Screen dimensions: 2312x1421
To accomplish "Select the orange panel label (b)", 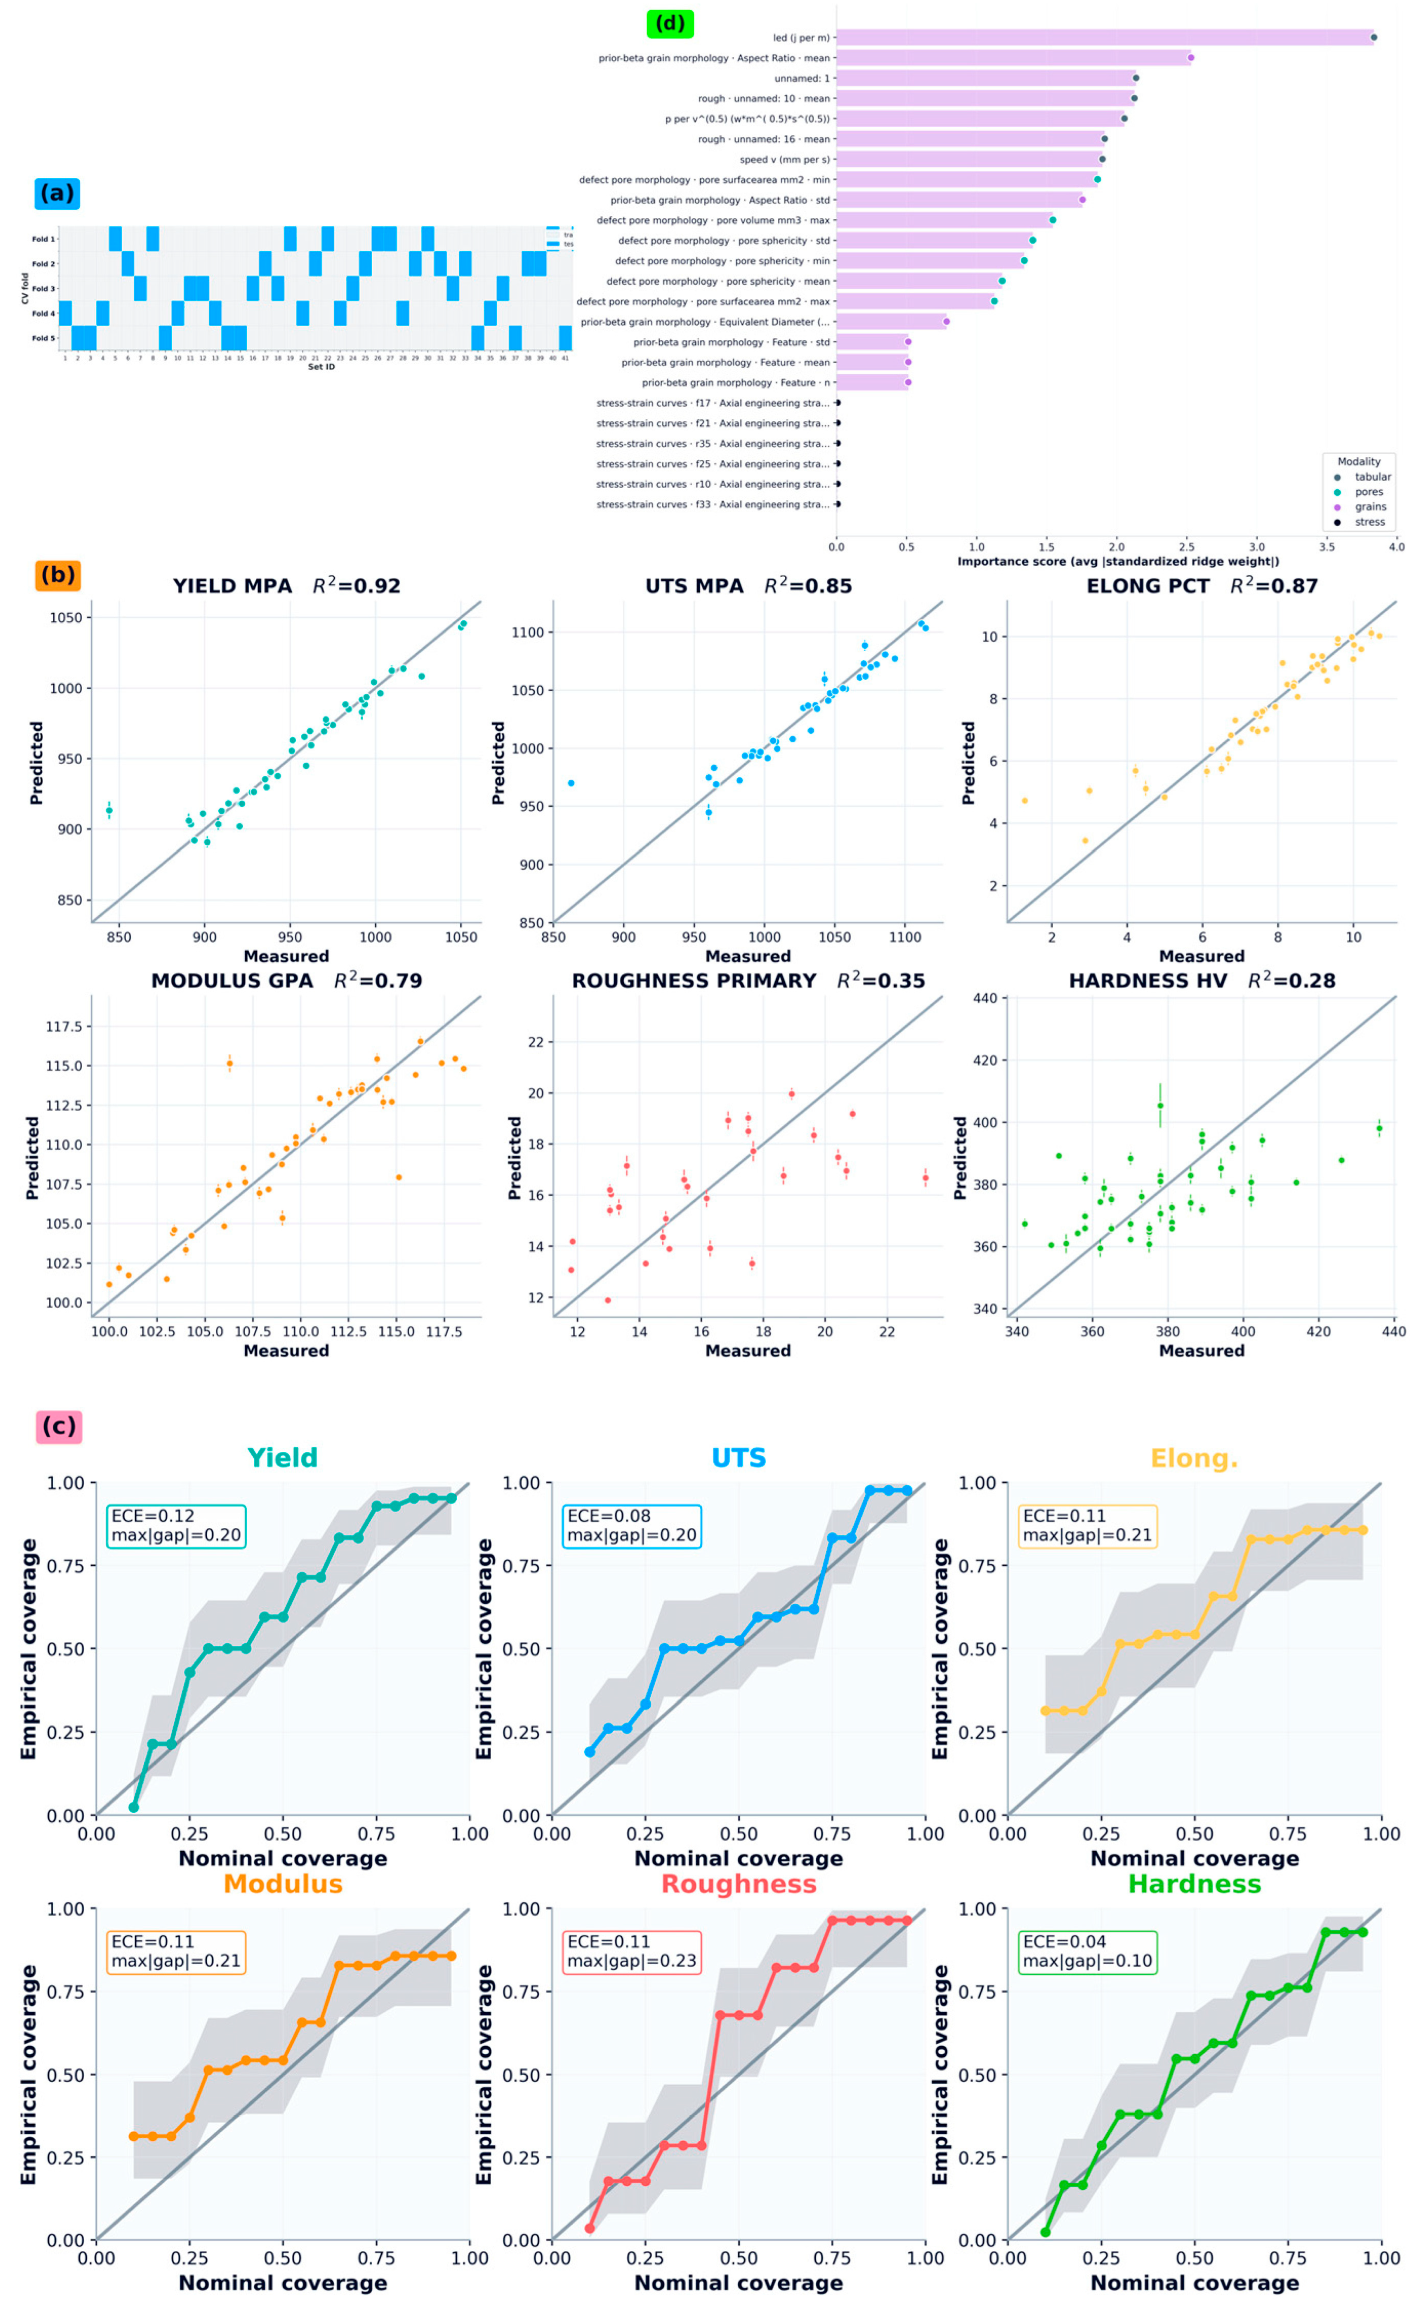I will click(x=58, y=574).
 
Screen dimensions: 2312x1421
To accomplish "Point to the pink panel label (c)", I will click(x=58, y=1426).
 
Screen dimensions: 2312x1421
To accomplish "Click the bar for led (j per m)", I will click(x=1104, y=37).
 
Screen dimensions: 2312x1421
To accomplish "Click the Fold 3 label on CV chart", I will click(x=43, y=289).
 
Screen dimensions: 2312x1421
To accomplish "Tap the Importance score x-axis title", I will click(x=1117, y=561).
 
